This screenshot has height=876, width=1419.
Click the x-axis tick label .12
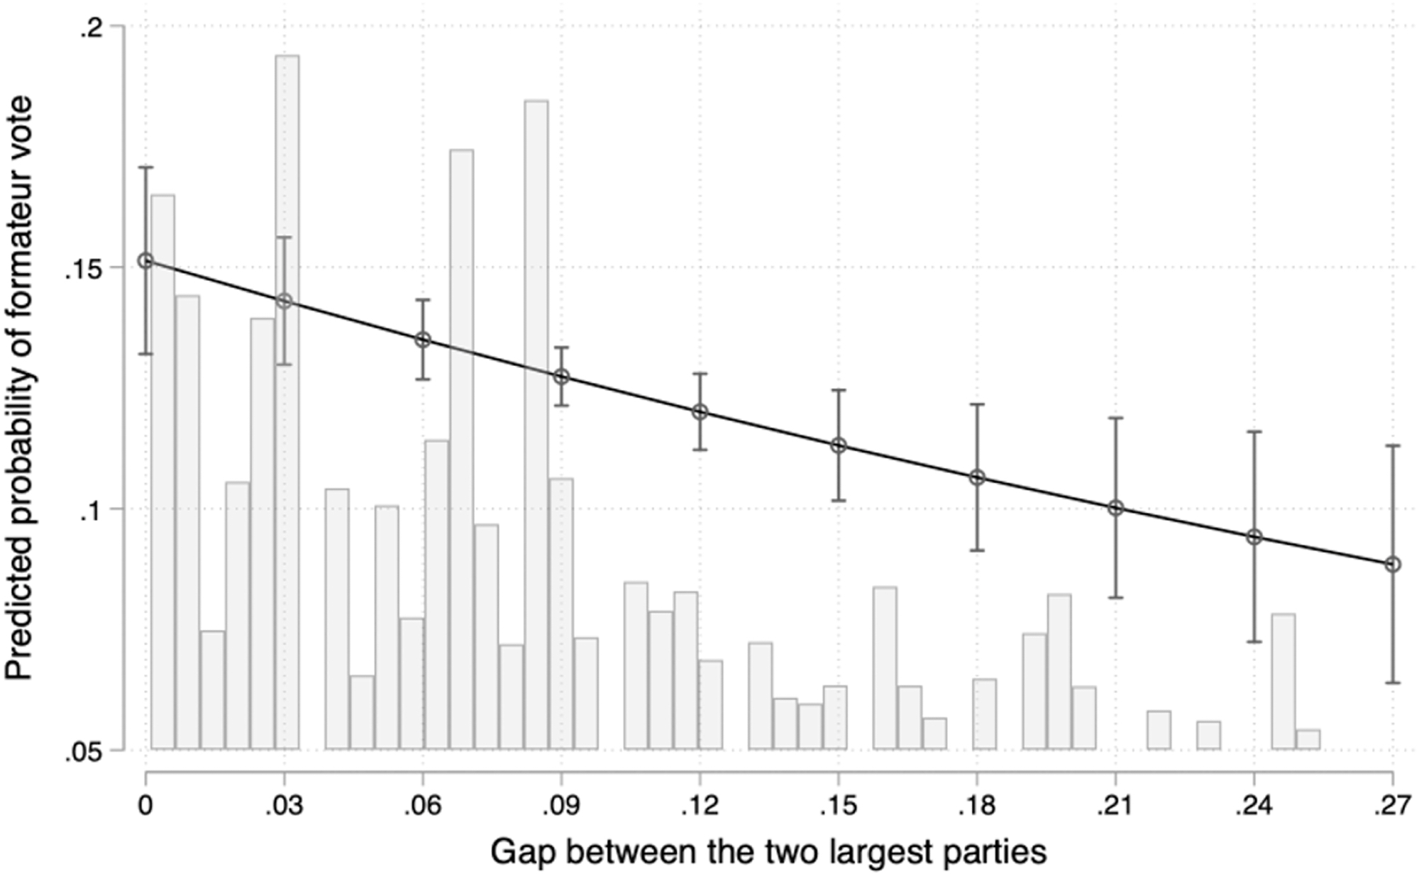tap(700, 806)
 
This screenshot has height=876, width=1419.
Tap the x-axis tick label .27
tap(1393, 806)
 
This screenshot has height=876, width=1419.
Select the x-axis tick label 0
tap(145, 806)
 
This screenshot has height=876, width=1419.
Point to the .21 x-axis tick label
tap(1115, 806)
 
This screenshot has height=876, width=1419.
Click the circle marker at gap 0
tap(145, 261)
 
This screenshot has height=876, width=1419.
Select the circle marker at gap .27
tap(1393, 565)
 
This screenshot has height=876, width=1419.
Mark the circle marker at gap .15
tap(839, 445)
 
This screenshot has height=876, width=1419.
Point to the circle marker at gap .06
tap(423, 340)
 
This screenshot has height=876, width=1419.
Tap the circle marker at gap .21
tap(1116, 508)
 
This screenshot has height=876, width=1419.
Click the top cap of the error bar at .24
tap(1254, 431)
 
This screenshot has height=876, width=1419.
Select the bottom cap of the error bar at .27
tap(1393, 683)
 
